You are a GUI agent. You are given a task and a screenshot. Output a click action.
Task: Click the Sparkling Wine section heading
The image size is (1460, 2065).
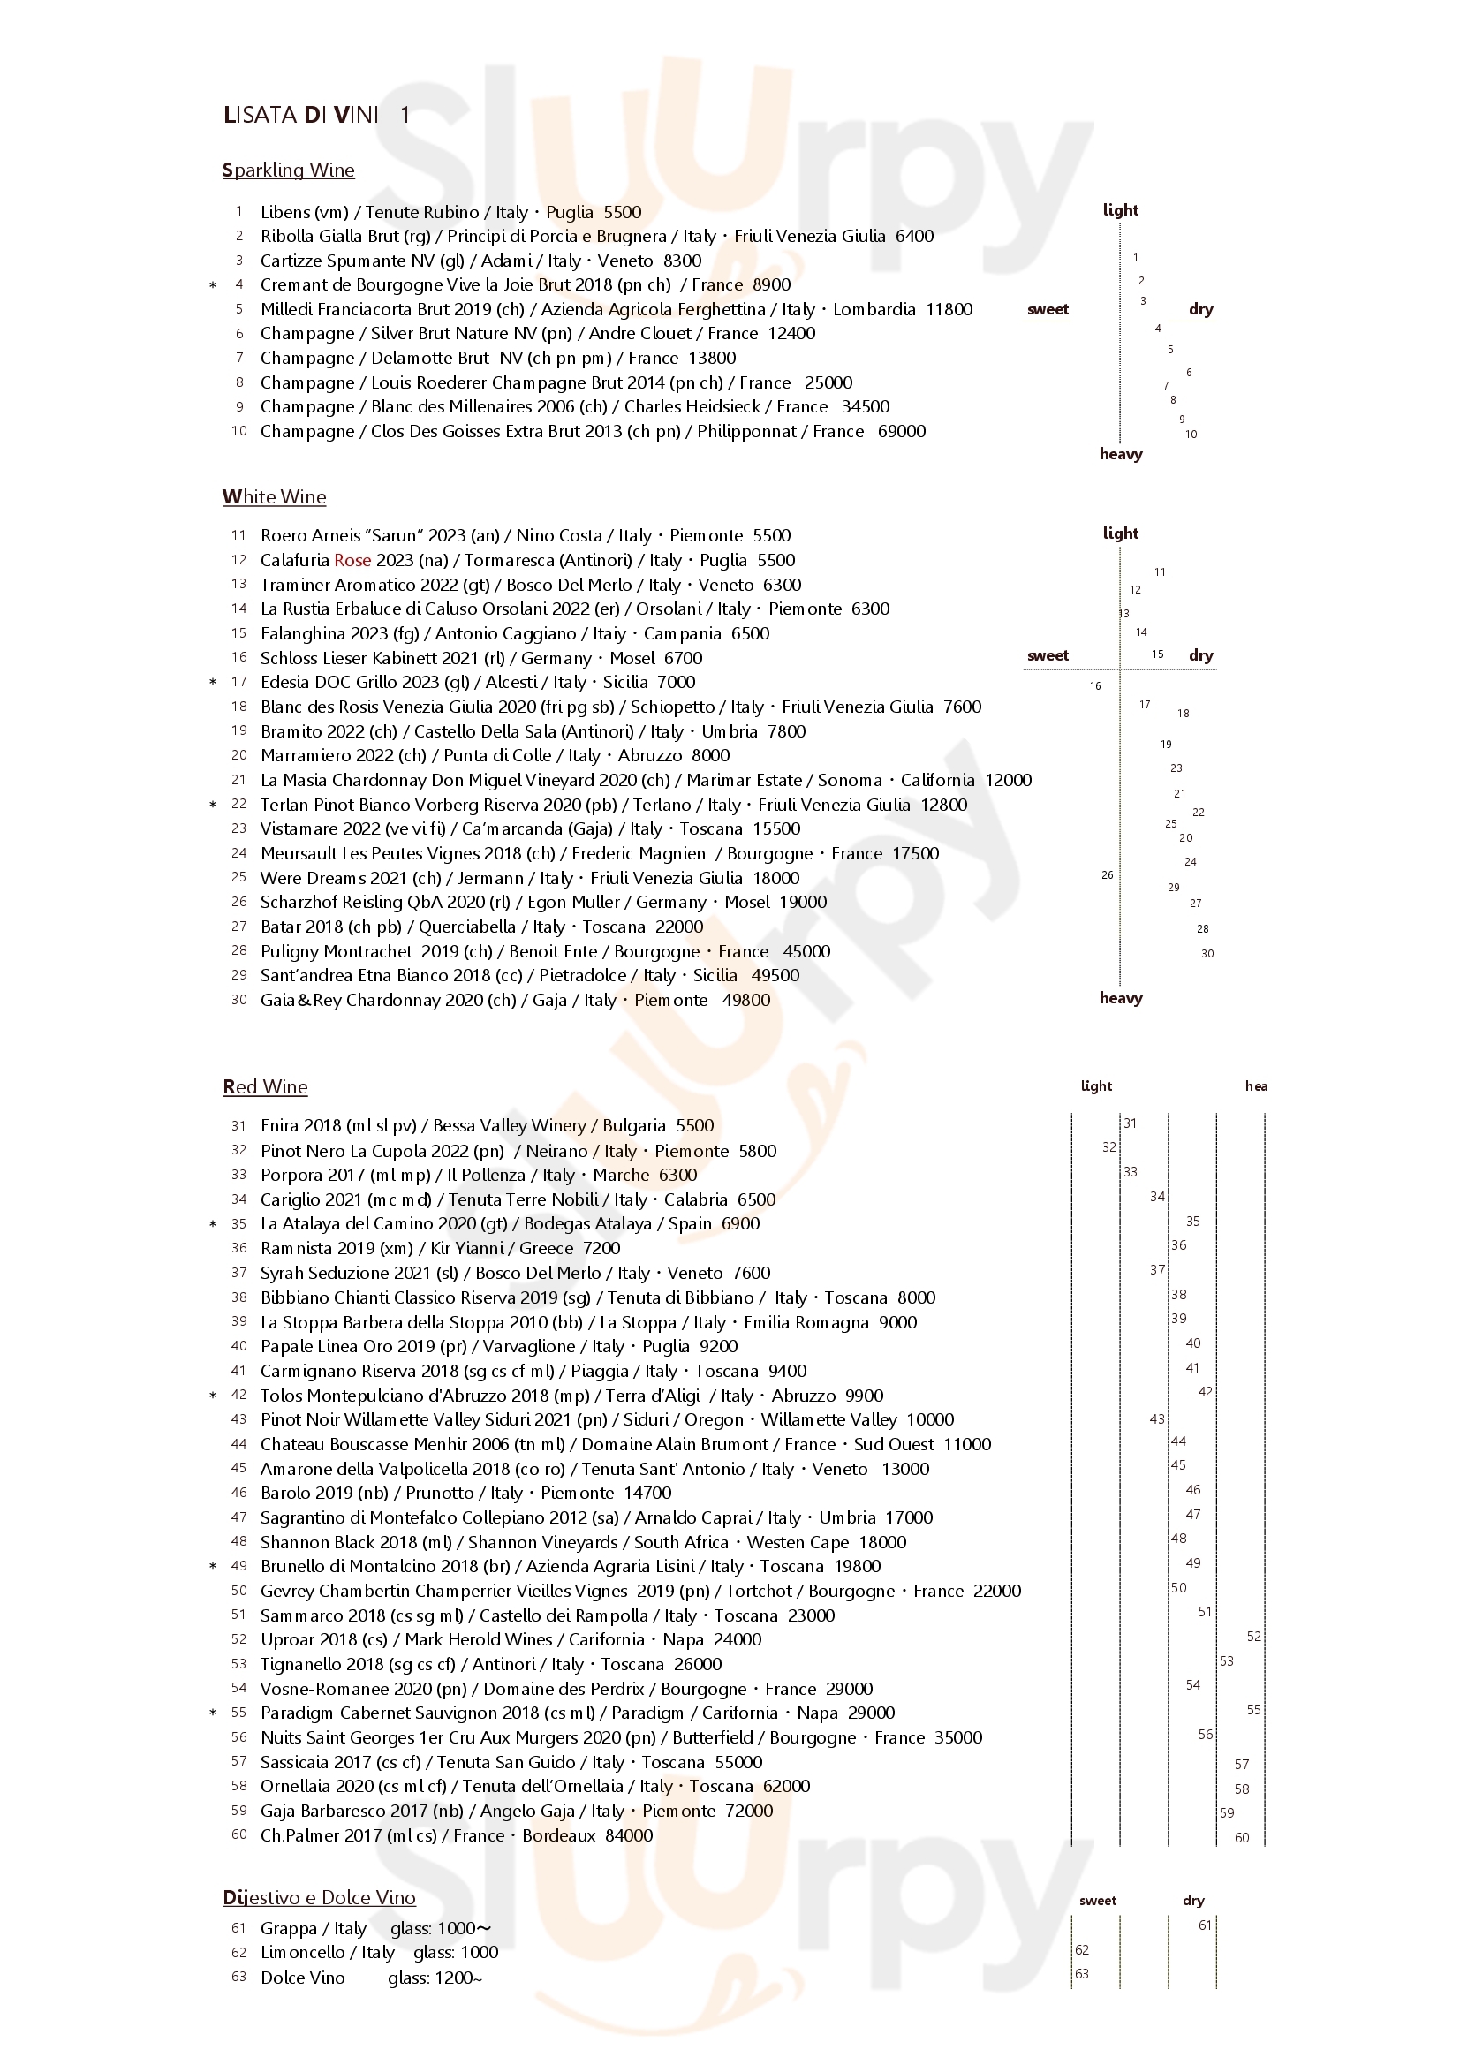[x=288, y=170]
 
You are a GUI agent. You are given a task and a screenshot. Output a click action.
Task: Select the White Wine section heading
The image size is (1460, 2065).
[x=274, y=496]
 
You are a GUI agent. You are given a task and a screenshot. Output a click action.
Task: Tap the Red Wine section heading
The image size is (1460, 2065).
[x=264, y=1086]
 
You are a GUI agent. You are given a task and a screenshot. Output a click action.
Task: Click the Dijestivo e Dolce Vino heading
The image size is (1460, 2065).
[x=320, y=1897]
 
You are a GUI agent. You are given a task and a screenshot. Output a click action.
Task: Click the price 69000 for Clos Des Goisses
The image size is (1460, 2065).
[x=902, y=431]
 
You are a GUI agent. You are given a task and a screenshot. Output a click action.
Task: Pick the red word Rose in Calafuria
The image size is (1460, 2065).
[x=352, y=559]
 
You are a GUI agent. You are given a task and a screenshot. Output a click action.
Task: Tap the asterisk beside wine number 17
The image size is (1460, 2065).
[x=213, y=683]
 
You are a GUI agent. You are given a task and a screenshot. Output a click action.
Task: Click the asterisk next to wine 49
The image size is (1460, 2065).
[x=213, y=1566]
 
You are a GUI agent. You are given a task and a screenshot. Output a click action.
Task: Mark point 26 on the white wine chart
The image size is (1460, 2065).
[x=1107, y=874]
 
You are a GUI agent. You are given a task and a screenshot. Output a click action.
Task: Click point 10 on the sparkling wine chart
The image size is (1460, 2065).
[x=1190, y=435]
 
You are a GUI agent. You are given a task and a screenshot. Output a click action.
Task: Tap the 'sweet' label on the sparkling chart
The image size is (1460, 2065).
[x=1048, y=308]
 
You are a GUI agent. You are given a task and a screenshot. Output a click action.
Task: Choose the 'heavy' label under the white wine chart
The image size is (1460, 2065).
[x=1120, y=997]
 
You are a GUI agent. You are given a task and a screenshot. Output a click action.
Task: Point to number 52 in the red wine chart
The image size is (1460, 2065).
[x=1254, y=1636]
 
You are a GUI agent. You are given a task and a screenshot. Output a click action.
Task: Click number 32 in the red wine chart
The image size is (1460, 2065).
[x=1109, y=1146]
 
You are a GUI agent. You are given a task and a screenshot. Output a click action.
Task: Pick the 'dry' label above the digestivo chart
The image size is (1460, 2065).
[x=1193, y=1901]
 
